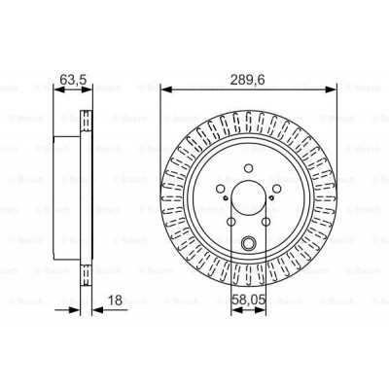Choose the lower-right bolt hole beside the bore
(269, 226)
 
